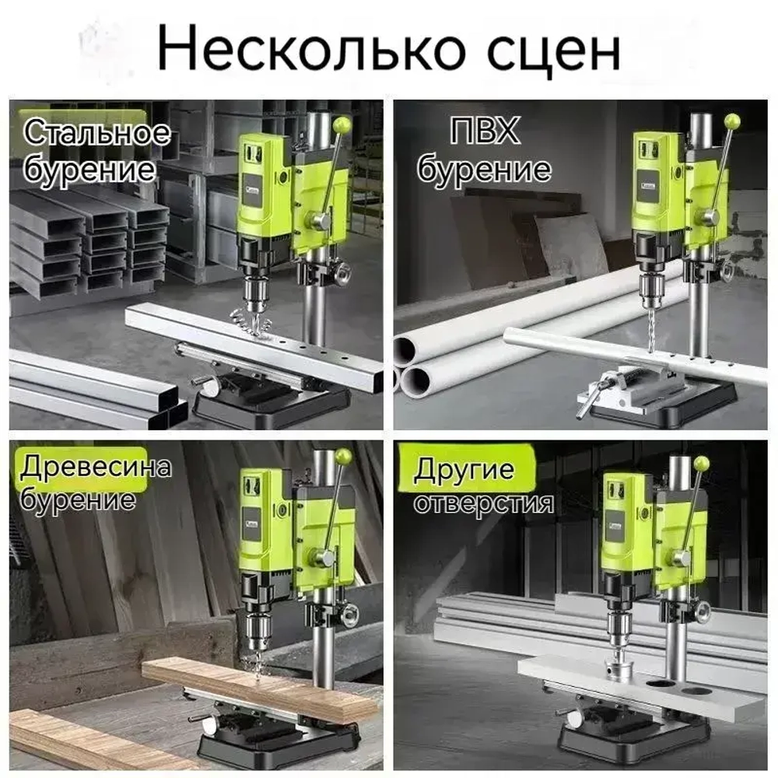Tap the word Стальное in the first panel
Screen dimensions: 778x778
pos(95,132)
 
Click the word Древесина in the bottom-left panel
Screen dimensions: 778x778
pos(95,468)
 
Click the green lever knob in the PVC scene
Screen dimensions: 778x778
pos(731,121)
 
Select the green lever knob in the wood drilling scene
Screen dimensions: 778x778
pos(343,456)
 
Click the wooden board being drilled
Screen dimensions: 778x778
pos(257,685)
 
